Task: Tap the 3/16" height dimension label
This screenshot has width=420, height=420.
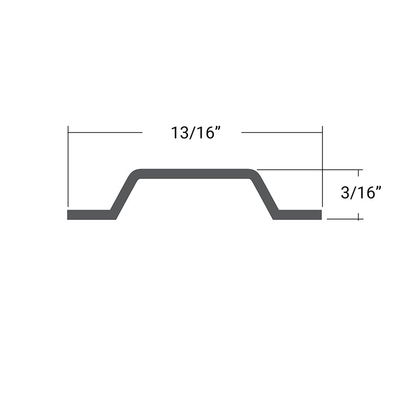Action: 360,193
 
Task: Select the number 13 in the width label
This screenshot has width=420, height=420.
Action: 178,133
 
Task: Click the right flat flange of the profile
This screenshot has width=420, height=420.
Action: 299,215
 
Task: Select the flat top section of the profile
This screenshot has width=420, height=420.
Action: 194,173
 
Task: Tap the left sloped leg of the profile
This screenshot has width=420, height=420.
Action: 125,194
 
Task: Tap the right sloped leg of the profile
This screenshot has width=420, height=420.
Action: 264,194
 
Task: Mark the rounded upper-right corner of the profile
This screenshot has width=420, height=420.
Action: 253,174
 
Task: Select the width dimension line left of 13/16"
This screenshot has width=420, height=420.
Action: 105,132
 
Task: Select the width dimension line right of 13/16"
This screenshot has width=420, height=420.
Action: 281,132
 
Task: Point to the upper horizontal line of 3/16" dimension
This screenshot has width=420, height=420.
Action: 310,170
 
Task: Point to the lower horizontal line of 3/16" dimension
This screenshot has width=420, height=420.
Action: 344,218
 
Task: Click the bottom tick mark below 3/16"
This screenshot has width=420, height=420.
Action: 359,217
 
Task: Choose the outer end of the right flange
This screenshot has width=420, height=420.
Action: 320,215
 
